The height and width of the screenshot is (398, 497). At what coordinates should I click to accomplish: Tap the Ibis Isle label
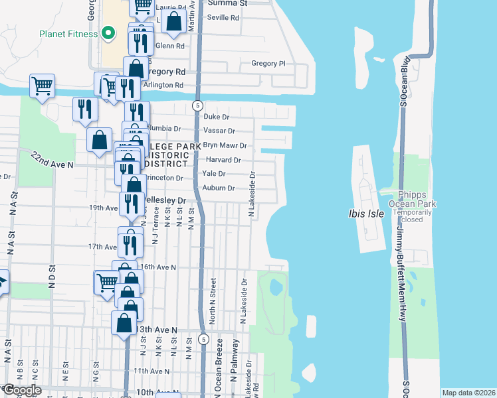[x=365, y=214]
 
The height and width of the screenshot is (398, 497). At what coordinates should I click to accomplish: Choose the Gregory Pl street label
[x=268, y=64]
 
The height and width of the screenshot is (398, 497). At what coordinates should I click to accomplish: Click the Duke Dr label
[x=216, y=117]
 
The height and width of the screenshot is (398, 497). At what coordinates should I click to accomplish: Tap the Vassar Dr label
[x=221, y=131]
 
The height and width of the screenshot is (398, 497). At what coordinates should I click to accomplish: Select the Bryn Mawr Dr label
[x=225, y=145]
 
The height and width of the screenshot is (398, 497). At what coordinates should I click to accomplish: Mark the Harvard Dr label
[x=223, y=160]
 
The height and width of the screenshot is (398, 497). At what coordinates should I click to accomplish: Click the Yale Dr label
[x=214, y=174]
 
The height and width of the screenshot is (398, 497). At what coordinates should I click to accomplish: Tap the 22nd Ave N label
[x=50, y=159]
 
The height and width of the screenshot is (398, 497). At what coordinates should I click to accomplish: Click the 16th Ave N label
[x=157, y=267]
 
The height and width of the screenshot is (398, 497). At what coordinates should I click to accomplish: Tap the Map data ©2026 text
[x=468, y=393]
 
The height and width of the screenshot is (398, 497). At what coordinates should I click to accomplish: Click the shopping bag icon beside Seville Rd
[x=173, y=21]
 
